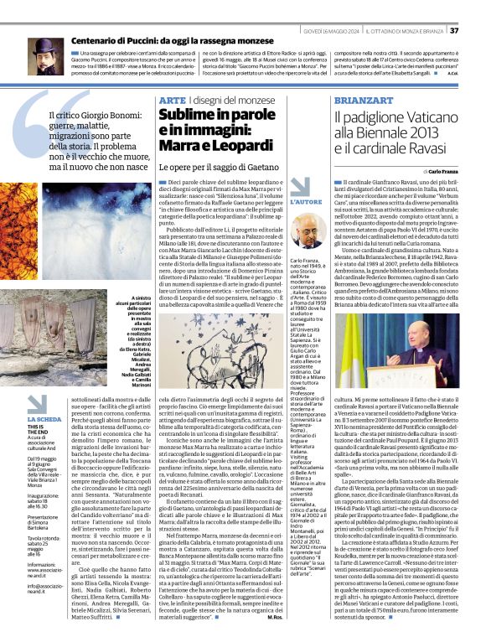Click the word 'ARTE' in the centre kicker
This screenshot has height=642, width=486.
pyautogui.click(x=172, y=100)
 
